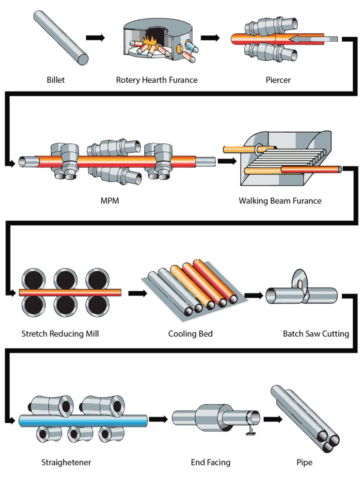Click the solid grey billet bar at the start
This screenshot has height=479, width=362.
[x=61, y=37]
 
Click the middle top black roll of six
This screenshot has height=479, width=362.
[x=64, y=278]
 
